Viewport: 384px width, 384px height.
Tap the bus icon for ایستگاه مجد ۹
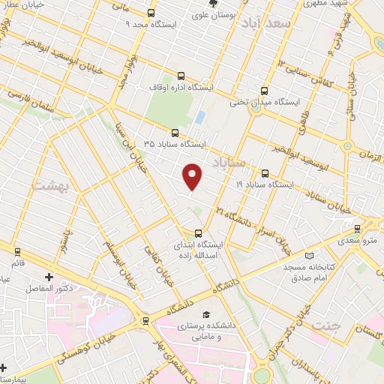coord(151,13)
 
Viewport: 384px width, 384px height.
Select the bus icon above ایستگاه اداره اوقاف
coord(181,76)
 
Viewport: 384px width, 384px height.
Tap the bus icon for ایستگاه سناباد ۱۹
coord(265,172)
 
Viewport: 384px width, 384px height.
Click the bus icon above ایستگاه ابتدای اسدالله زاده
coord(198,232)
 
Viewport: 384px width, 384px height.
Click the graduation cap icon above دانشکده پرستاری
coord(205,315)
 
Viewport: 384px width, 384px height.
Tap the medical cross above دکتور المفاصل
coord(49,277)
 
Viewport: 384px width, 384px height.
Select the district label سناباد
coord(228,162)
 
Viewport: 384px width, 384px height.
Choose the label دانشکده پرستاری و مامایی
coord(205,331)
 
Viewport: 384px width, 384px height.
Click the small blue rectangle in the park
coord(199,118)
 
